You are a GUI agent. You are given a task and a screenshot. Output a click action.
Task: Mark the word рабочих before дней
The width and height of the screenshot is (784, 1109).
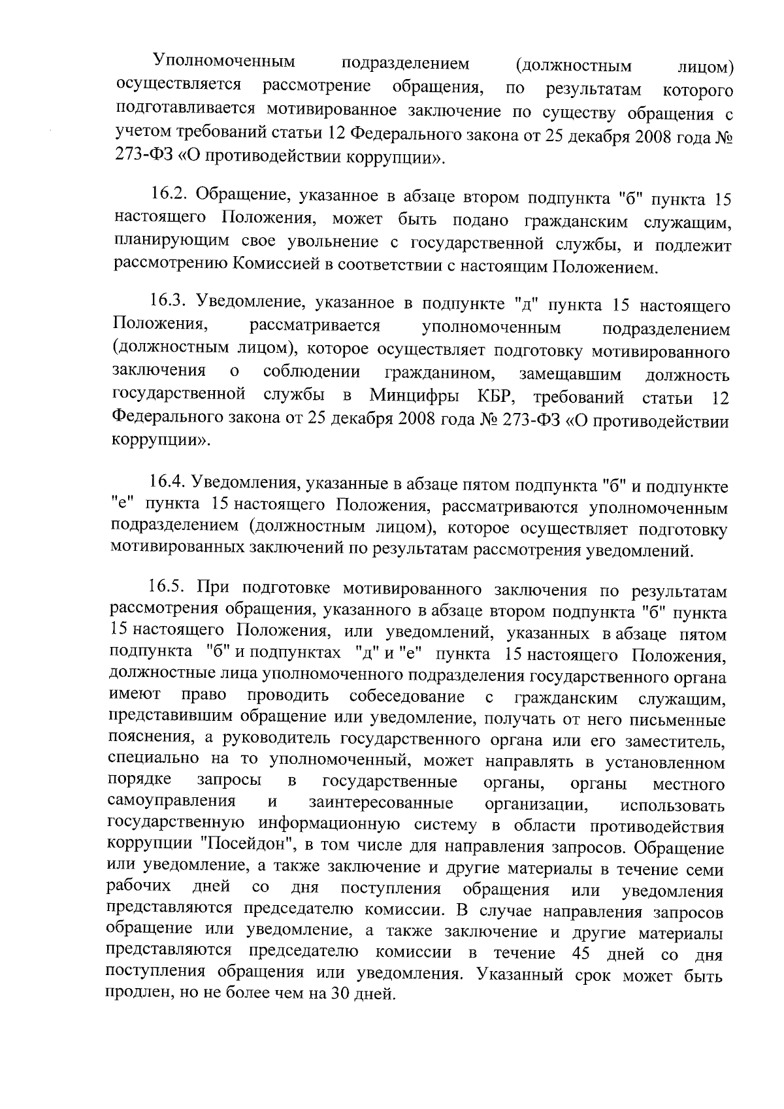point(139,888)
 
